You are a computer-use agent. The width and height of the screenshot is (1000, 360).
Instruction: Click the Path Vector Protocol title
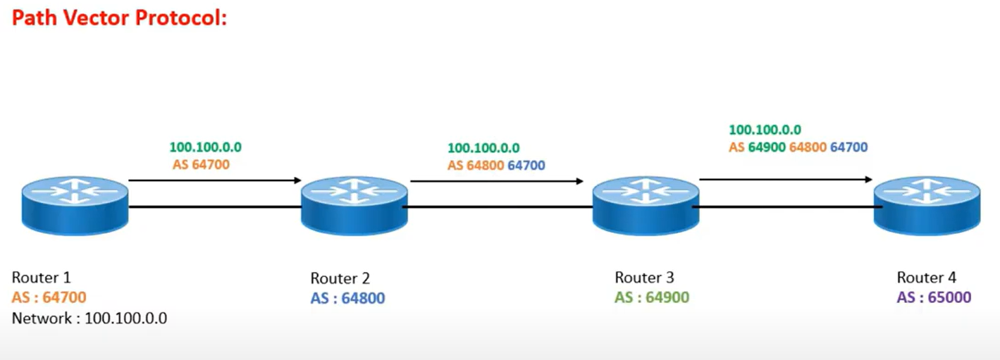[x=119, y=18]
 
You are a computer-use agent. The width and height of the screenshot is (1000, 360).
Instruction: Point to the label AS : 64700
[x=49, y=298]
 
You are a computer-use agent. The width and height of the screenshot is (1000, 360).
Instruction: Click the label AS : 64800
[x=347, y=299]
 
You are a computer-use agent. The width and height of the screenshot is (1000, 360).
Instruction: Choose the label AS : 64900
[x=652, y=298]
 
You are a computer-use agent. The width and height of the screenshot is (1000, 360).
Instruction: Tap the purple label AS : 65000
[x=934, y=298]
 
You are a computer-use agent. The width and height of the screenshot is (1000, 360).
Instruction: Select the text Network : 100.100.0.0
[x=89, y=318]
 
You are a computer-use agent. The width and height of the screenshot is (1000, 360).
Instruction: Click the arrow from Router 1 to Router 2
[x=215, y=180]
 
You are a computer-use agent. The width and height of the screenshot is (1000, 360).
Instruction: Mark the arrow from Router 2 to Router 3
[x=497, y=181]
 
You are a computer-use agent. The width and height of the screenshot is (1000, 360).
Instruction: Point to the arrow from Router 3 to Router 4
[x=786, y=180]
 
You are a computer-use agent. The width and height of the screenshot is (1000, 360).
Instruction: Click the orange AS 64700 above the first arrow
[x=201, y=165]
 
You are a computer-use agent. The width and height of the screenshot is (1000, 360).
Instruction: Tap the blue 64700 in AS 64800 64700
[x=526, y=166]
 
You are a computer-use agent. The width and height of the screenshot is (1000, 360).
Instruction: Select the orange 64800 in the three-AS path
[x=808, y=148]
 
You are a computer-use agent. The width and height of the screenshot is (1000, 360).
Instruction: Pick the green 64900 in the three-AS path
[x=767, y=148]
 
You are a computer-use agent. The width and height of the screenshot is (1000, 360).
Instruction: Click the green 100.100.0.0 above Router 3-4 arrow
[x=765, y=130]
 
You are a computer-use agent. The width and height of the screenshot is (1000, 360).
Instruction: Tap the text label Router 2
[x=340, y=278]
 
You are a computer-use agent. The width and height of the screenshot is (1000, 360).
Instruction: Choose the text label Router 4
[x=927, y=278]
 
